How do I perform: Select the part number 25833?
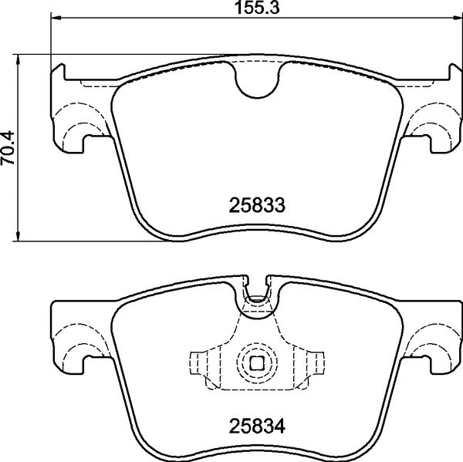click(x=258, y=206)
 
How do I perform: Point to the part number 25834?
click(x=258, y=423)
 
